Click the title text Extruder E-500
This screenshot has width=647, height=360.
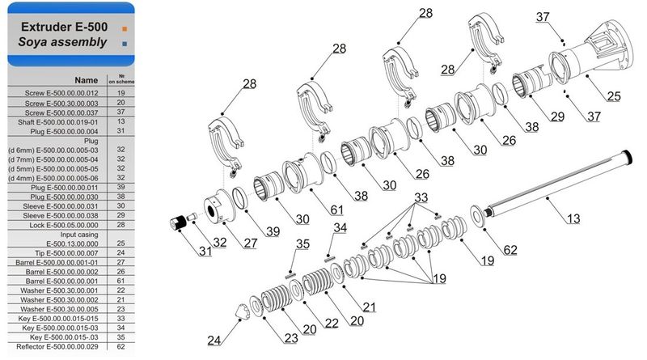64,27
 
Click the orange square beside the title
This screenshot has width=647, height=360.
125,28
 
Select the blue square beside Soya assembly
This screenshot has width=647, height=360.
125,44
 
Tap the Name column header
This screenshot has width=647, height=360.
87,80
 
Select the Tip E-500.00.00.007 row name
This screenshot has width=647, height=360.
66,253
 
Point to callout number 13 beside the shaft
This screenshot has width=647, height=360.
573,218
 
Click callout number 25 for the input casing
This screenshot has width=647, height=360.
614,96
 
